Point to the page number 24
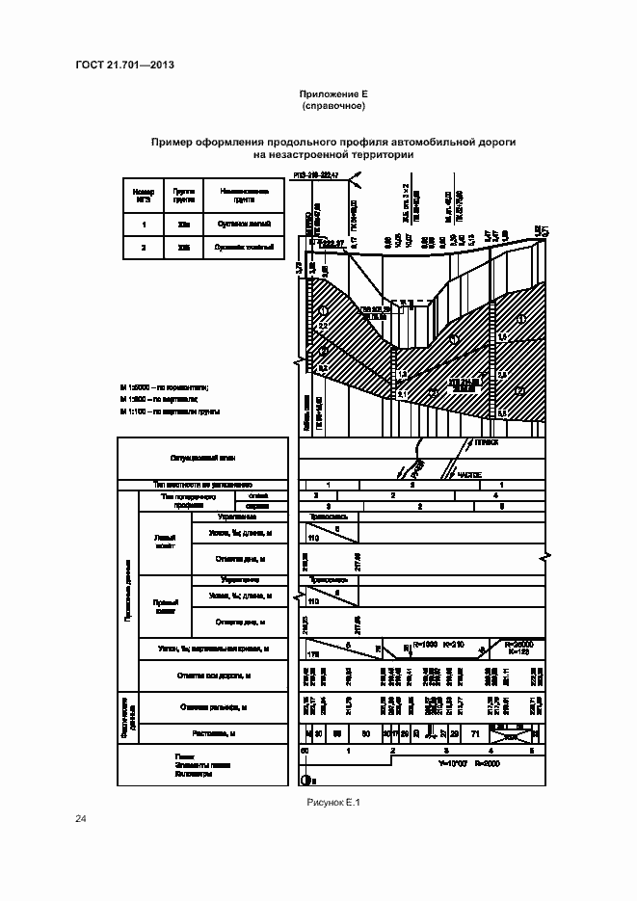pyautogui.click(x=81, y=819)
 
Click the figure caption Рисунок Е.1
pyautogui.click(x=332, y=801)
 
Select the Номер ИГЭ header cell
pyautogui.click(x=143, y=196)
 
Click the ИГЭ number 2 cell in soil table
pyautogui.click(x=143, y=248)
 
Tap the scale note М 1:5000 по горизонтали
pyautogui.click(x=165, y=386)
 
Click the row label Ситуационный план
pyautogui.click(x=202, y=459)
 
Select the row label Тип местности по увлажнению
pyautogui.click(x=202, y=485)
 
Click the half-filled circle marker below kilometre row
pyautogui.click(x=306, y=781)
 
